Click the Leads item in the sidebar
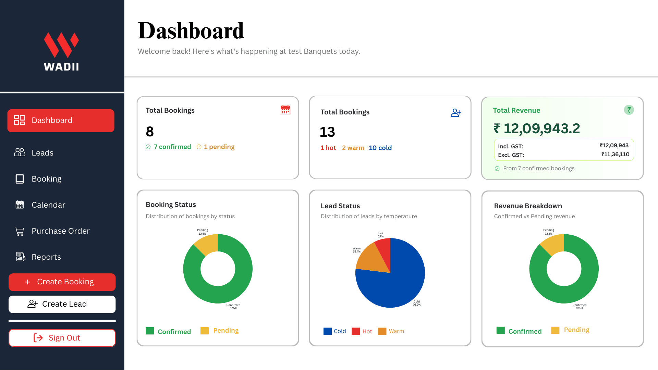pyautogui.click(x=42, y=153)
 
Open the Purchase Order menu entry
pyautogui.click(x=60, y=231)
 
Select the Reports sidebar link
pyautogui.click(x=46, y=257)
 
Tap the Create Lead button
pyautogui.click(x=62, y=304)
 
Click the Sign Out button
pyautogui.click(x=62, y=338)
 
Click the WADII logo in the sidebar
pyautogui.click(x=61, y=51)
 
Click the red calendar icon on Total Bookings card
pyautogui.click(x=285, y=110)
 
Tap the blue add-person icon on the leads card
pyautogui.click(x=456, y=113)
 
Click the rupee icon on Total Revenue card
pyautogui.click(x=629, y=110)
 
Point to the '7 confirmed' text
pyautogui.click(x=172, y=147)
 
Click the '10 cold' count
pyautogui.click(x=380, y=148)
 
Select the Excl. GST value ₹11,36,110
pyautogui.click(x=615, y=155)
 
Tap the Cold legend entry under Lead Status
pyautogui.click(x=335, y=331)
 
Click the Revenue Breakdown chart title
pyautogui.click(x=528, y=206)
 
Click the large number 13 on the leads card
pyautogui.click(x=327, y=132)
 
